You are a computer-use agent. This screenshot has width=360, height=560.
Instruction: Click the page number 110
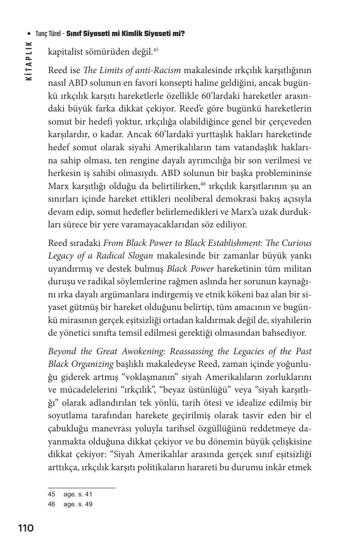(x=26, y=528)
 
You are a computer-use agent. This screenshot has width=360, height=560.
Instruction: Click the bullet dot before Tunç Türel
(x=29, y=34)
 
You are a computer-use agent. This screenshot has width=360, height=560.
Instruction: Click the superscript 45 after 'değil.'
(x=156, y=50)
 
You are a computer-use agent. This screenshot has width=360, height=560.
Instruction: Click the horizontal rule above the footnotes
(x=81, y=487)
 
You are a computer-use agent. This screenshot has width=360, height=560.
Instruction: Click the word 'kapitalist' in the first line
(x=66, y=52)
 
